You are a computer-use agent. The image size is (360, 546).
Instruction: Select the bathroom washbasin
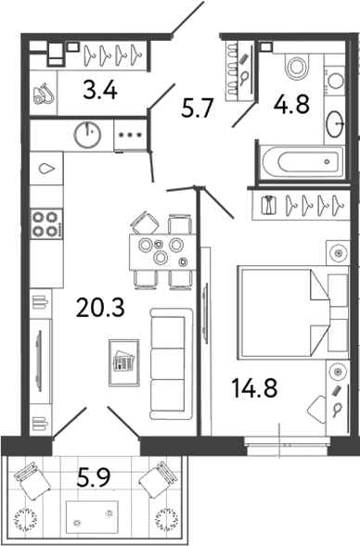tap(335, 121)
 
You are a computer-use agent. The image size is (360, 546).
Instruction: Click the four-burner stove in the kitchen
tap(45, 223)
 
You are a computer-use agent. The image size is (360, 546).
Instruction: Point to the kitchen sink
tap(46, 171)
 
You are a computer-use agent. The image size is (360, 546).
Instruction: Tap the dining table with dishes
tap(161, 249)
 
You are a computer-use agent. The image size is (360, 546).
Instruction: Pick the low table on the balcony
tap(91, 515)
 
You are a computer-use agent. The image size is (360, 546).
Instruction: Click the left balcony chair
tap(35, 481)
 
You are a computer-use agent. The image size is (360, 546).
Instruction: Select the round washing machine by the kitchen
tap(88, 134)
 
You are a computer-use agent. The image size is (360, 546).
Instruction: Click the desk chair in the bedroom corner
tap(317, 408)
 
